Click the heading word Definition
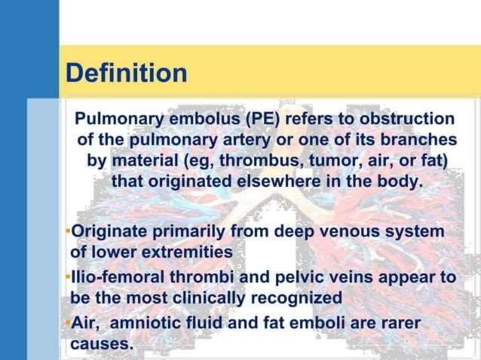tap(126, 73)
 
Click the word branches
tap(418, 140)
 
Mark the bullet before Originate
tap(68, 231)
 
